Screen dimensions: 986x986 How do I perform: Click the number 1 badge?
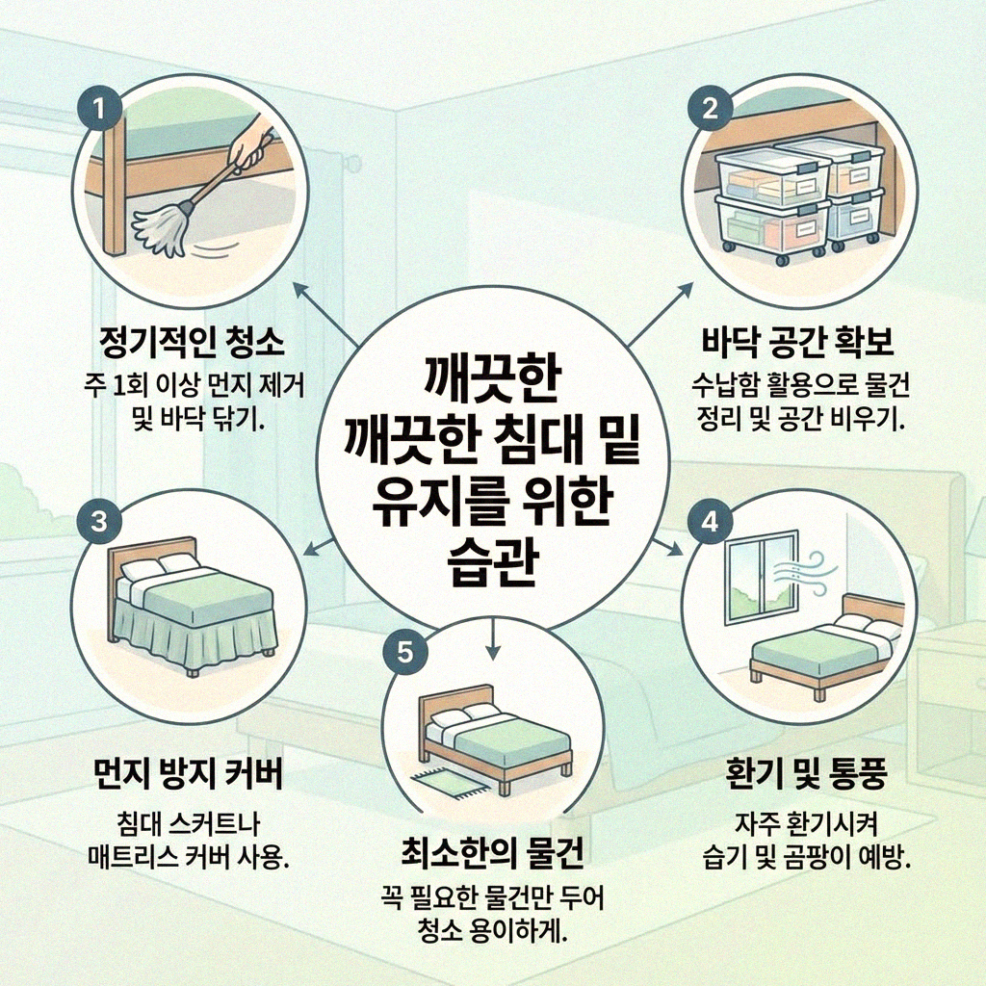click(x=100, y=107)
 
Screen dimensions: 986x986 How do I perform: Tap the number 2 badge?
click(x=710, y=107)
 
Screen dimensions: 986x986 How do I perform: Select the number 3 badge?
click(x=100, y=521)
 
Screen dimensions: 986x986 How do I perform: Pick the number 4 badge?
click(x=710, y=521)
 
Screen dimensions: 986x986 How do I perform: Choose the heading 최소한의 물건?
click(x=492, y=853)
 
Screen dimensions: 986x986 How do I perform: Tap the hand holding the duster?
click(x=252, y=144)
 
